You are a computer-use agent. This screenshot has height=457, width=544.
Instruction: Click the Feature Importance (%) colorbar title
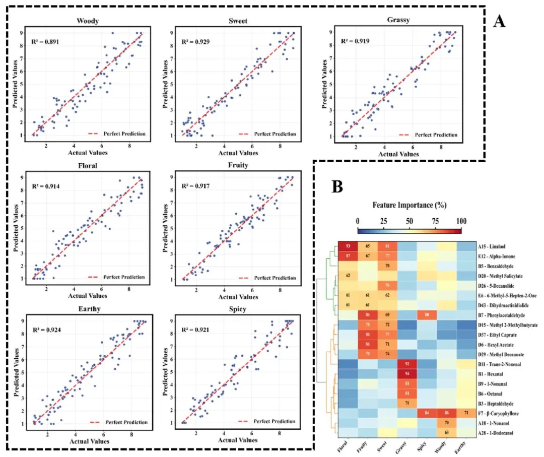[x=409, y=206]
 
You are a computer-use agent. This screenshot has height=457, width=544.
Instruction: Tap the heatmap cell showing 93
[x=348, y=246]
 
